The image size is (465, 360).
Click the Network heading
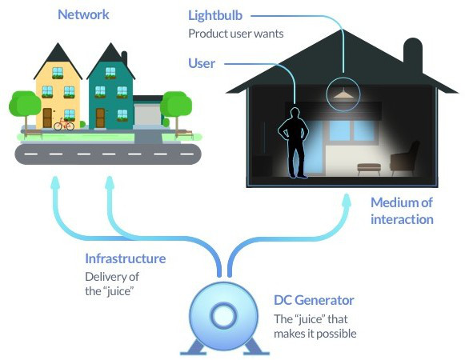[83, 14]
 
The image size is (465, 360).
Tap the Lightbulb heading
[215, 15]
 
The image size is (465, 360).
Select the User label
[202, 63]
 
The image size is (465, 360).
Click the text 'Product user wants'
[236, 34]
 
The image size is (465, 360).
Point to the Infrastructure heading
[125, 258]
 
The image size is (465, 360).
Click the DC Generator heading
[314, 300]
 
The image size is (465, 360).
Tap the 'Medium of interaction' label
[402, 211]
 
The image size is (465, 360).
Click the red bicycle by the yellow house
[64, 125]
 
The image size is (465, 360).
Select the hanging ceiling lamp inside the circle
[343, 94]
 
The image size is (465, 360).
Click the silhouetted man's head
[295, 113]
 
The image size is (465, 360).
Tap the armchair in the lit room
[405, 158]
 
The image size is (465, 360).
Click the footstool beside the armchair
[369, 169]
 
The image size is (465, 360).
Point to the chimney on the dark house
[413, 54]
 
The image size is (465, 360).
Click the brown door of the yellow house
[47, 118]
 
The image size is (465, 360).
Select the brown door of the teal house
[100, 118]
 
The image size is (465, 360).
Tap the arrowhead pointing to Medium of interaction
[346, 201]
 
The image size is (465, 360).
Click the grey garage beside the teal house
[147, 113]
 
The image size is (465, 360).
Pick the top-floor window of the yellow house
[58, 73]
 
